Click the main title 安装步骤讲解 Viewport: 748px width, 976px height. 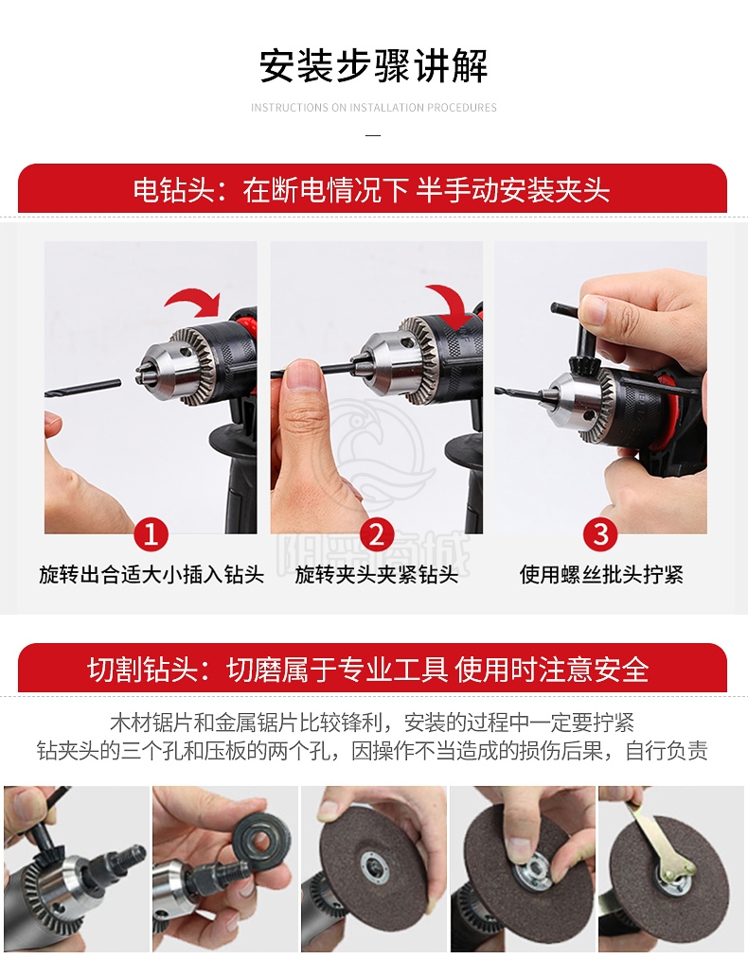(373, 66)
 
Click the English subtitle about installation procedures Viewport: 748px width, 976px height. (374, 108)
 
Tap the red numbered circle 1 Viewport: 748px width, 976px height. (151, 534)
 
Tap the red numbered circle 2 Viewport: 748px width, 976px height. (377, 534)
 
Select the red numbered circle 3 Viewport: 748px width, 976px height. (600, 534)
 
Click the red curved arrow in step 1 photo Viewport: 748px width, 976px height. (194, 300)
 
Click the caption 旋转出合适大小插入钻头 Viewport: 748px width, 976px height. (151, 574)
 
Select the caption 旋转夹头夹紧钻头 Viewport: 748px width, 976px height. (377, 574)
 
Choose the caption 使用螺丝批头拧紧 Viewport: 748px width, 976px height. (601, 574)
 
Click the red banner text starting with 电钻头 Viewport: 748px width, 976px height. (371, 190)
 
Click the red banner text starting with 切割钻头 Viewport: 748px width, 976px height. (367, 670)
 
